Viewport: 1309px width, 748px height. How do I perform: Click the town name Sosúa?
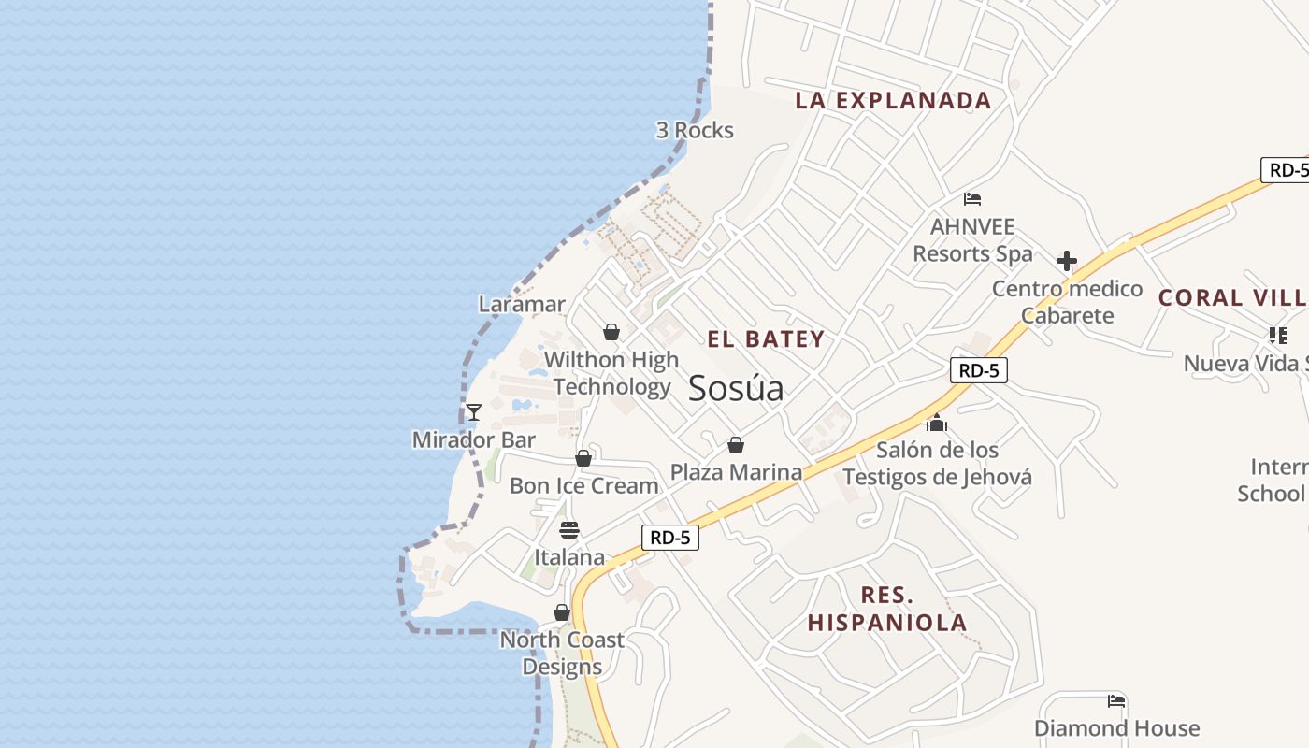pyautogui.click(x=736, y=389)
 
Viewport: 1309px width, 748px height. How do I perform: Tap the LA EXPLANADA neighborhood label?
pyautogui.click(x=893, y=101)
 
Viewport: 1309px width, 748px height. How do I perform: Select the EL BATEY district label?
pyautogui.click(x=766, y=339)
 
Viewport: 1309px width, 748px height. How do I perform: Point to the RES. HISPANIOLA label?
pyautogui.click(x=887, y=609)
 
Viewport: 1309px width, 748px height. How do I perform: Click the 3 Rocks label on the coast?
pyautogui.click(x=695, y=131)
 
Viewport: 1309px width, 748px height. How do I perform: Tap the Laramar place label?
pyautogui.click(x=522, y=304)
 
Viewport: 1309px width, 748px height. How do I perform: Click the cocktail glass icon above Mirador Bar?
pyautogui.click(x=474, y=411)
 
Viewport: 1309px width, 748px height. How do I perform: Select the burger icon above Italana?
pyautogui.click(x=569, y=530)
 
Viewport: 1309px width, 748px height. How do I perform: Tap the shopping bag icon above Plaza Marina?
pyautogui.click(x=736, y=445)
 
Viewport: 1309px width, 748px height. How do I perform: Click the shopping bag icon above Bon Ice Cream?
pyautogui.click(x=583, y=458)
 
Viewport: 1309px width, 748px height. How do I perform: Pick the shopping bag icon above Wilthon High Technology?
pyautogui.click(x=611, y=332)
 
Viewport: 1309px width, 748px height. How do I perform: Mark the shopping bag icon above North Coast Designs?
pyautogui.click(x=562, y=612)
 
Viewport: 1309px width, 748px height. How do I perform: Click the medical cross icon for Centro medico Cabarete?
pyautogui.click(x=1067, y=261)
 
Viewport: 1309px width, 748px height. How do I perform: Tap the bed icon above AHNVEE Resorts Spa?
pyautogui.click(x=972, y=199)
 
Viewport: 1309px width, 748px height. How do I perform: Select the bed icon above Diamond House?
pyautogui.click(x=1116, y=700)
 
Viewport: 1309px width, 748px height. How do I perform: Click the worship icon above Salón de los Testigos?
pyautogui.click(x=937, y=423)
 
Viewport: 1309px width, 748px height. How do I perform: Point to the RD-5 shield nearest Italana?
pyautogui.click(x=670, y=538)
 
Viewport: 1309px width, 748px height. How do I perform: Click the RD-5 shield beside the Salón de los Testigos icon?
pyautogui.click(x=979, y=370)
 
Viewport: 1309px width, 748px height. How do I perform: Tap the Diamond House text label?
pyautogui.click(x=1116, y=728)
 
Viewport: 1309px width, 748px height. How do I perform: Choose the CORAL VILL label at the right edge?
pyautogui.click(x=1232, y=298)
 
